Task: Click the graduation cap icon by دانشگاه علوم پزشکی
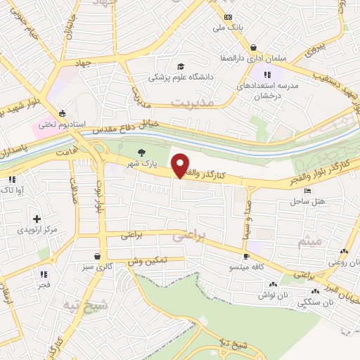[x=181, y=66]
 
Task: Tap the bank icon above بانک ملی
[x=227, y=17]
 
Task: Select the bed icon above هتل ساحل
[x=307, y=191]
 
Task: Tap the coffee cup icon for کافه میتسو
[x=246, y=256]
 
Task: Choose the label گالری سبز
[x=97, y=268]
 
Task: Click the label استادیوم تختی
[x=62, y=124]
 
